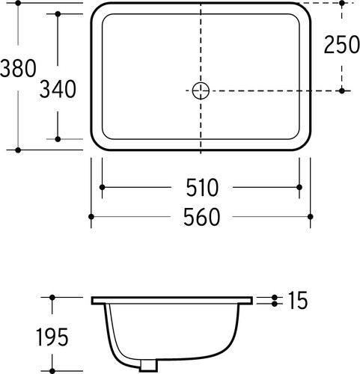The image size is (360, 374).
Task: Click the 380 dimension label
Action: tap(18, 68)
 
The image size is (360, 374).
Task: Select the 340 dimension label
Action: tap(58, 89)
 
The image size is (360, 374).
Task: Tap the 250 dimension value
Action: tap(341, 45)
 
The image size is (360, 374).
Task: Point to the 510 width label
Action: tap(202, 187)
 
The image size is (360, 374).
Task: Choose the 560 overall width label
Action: tap(201, 217)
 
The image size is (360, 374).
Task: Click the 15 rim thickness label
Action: tap(298, 300)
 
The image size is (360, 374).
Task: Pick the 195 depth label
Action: tap(52, 337)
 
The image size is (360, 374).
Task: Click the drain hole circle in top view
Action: tap(201, 91)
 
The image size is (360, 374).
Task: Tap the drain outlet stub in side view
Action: tap(149, 365)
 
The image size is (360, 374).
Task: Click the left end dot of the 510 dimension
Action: tap(102, 187)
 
